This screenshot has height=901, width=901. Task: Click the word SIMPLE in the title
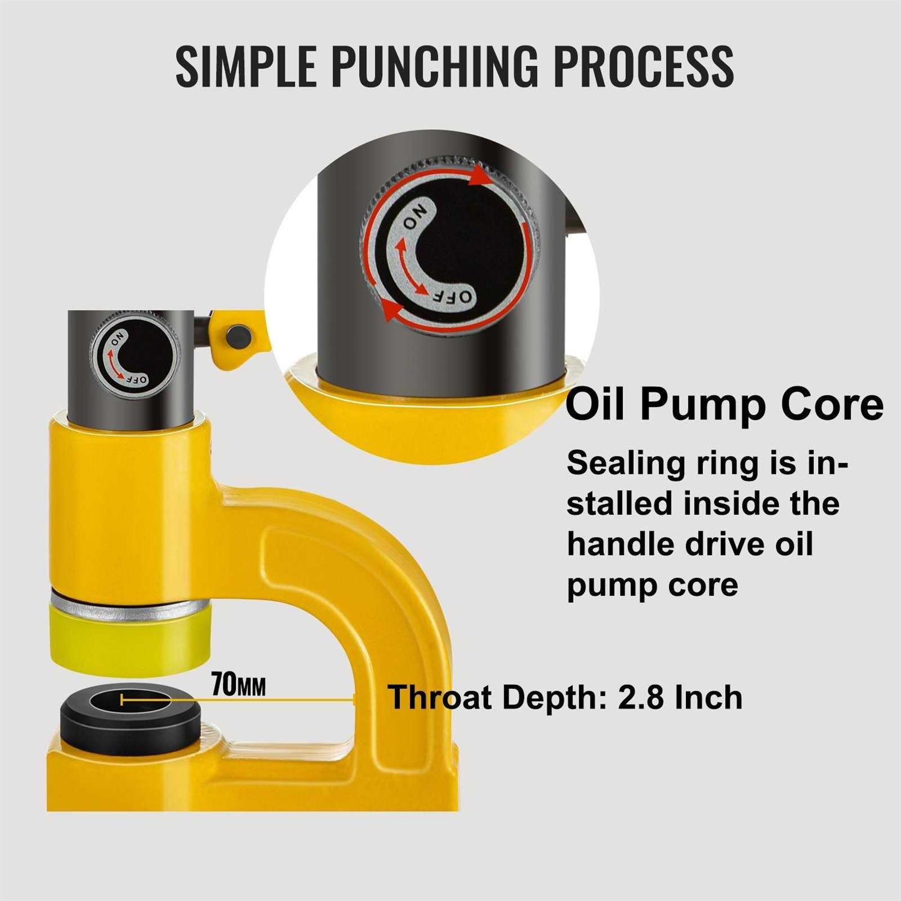[246, 65]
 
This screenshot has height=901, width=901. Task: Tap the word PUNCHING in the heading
[435, 65]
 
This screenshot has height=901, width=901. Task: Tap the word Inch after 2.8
[708, 697]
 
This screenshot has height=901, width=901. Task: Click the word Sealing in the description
[620, 463]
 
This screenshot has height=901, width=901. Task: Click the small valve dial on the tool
[134, 357]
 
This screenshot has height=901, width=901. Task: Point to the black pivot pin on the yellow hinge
[238, 335]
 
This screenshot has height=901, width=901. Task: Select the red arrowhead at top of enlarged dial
[479, 175]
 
